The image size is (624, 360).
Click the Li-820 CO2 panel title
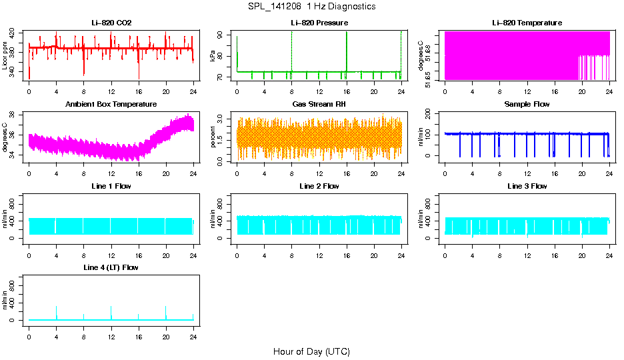pos(111,23)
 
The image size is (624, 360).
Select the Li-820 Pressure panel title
pos(319,23)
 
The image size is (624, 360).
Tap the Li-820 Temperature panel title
pos(527,23)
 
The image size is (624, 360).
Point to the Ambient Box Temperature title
pos(111,104)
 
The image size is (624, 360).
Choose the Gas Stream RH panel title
pos(319,104)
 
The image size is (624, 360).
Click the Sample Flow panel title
pos(527,104)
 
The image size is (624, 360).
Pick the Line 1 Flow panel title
pos(111,186)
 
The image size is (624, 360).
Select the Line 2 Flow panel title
pos(319,186)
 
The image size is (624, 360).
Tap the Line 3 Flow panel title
pos(527,186)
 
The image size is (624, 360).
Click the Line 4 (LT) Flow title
pos(111,267)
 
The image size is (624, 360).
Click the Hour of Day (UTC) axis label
pos(311,351)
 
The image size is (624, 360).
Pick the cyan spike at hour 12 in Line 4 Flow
pos(111,312)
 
